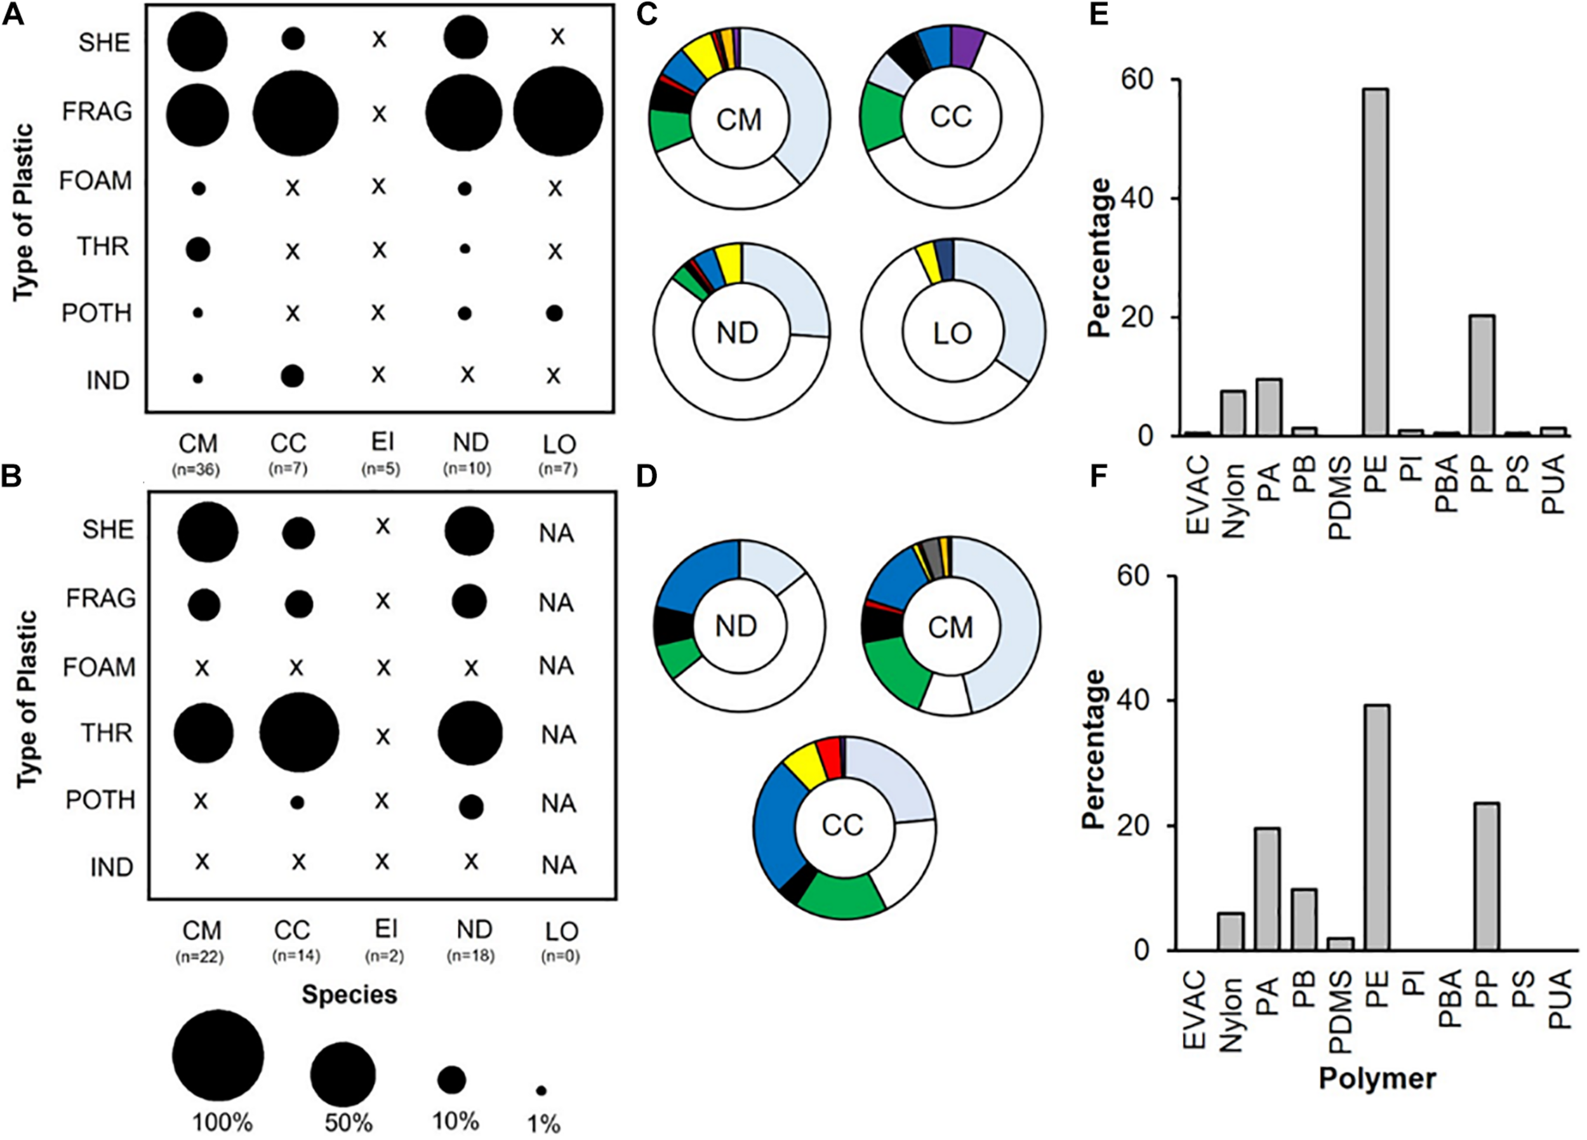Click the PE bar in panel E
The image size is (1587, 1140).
click(x=1374, y=262)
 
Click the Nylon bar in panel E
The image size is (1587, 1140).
click(x=1233, y=413)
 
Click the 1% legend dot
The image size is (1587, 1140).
click(x=541, y=1090)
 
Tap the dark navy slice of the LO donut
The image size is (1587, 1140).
click(x=945, y=261)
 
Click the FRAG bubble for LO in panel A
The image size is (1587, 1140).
click(x=558, y=112)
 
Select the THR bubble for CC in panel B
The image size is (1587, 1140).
click(x=300, y=732)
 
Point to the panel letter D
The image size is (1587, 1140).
click(x=647, y=477)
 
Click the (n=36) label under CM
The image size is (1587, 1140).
click(x=197, y=470)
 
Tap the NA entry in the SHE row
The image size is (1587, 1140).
click(x=557, y=533)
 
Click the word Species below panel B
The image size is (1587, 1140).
click(x=349, y=995)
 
